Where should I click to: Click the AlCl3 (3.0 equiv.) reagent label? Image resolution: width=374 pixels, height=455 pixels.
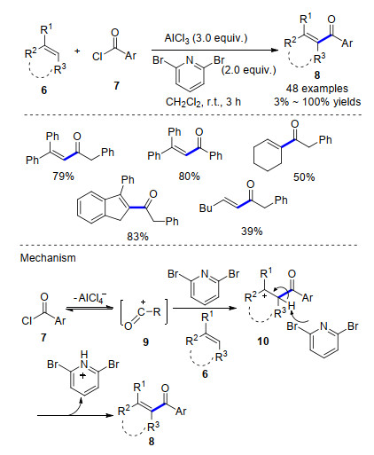pos(206,38)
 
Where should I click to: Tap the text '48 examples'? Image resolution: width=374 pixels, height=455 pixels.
pos(317,89)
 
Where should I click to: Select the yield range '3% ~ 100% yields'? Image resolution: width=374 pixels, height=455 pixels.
pos(317,102)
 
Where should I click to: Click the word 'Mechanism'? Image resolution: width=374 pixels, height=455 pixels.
pos(48,258)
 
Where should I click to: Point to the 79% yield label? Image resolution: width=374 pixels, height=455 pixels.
pos(63,177)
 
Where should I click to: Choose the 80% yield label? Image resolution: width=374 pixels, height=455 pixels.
pos(189,177)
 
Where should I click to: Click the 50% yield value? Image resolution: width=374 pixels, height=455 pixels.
pos(304,177)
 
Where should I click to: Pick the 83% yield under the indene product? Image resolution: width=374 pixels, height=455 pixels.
pos(137,237)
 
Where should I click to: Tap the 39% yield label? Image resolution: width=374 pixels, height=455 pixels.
pos(252,231)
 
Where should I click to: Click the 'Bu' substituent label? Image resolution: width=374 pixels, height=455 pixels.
pos(206,208)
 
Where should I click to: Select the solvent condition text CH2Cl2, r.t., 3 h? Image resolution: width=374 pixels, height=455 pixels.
pos(203,102)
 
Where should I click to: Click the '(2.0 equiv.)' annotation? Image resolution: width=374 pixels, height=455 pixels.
pos(248,70)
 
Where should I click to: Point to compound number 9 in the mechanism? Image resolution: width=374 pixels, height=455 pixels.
pos(145,342)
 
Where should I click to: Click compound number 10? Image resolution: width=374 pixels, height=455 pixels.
pos(263,341)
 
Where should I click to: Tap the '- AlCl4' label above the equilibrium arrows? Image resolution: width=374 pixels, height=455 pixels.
pos(90,297)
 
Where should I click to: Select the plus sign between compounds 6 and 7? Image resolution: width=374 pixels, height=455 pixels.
pos(77,51)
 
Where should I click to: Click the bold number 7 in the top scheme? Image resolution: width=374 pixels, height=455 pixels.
pos(117,85)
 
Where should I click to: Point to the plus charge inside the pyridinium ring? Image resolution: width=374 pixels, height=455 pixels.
pos(83,376)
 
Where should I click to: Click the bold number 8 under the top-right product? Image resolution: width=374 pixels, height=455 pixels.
pos(317,75)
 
